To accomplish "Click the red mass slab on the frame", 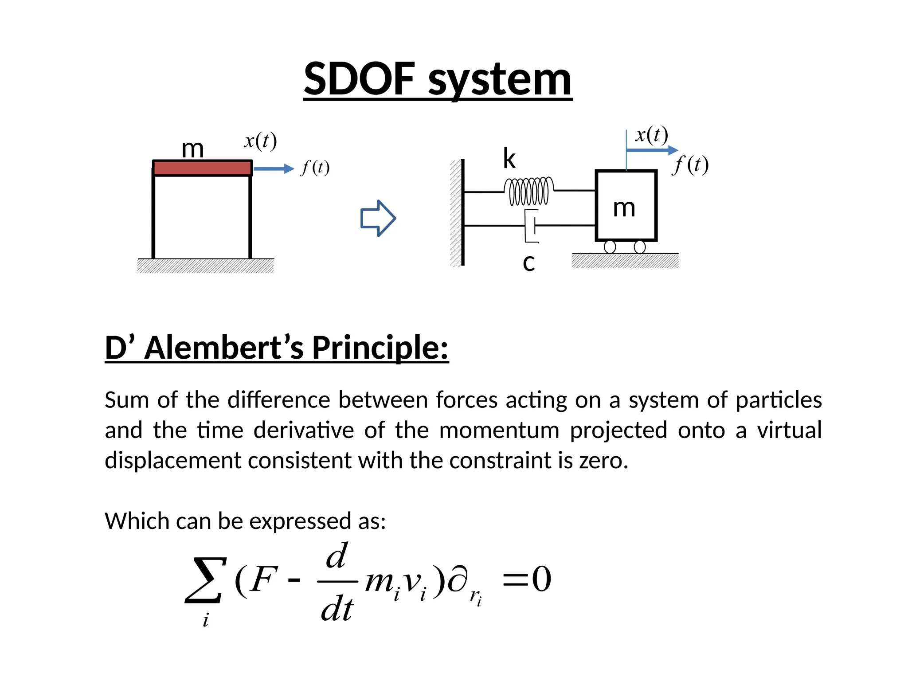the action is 202,168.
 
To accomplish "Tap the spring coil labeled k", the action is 529,191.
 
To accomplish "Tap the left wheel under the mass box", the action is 610,247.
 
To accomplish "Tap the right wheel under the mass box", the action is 640,247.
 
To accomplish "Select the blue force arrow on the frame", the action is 273,168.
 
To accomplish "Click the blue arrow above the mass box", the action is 652,150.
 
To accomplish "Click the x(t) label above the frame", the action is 260,141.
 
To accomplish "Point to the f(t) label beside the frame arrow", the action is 315,168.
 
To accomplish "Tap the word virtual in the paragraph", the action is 789,431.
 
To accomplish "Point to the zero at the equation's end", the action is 541,579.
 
